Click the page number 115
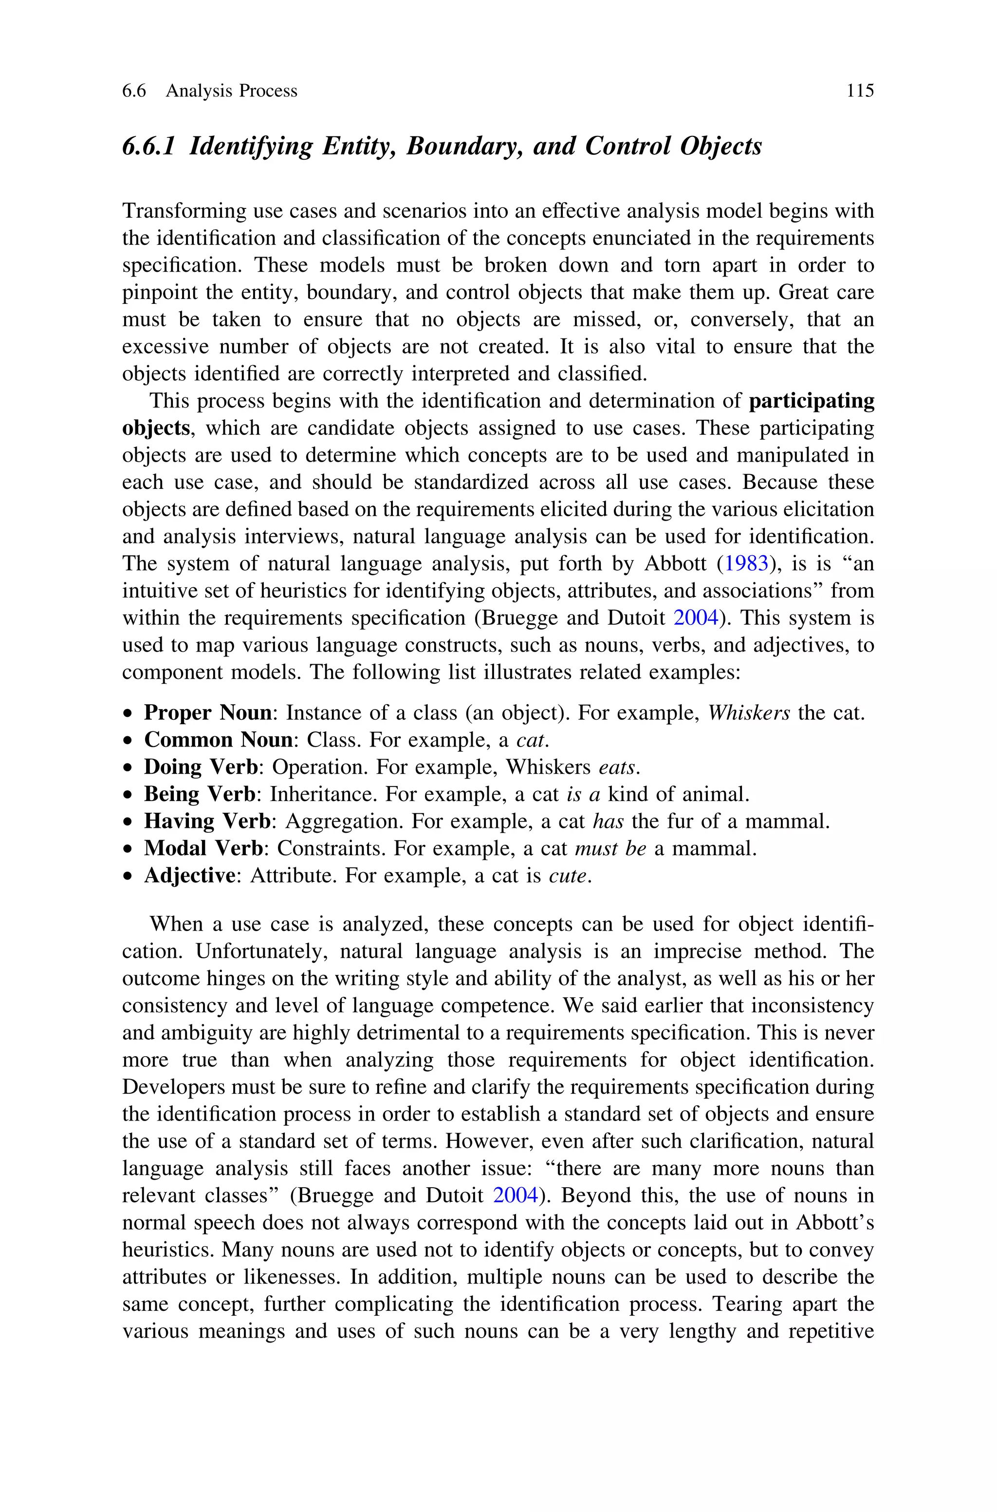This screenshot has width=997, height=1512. (860, 91)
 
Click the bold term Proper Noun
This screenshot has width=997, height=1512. (208, 713)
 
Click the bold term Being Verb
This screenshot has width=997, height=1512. (200, 795)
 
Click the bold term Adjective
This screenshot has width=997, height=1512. (189, 876)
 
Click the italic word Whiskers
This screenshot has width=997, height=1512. (749, 713)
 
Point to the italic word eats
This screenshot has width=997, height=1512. (617, 767)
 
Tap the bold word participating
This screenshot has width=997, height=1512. (812, 401)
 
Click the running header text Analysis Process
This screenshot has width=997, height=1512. (231, 91)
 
